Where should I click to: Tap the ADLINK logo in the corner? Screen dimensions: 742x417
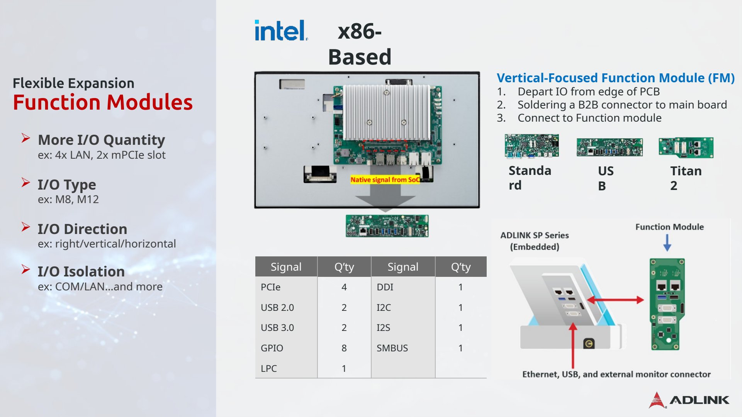coord(689,400)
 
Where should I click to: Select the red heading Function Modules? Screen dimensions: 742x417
coord(103,102)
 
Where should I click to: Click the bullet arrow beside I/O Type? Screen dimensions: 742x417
coord(26,182)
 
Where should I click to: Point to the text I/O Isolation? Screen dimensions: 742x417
coord(81,271)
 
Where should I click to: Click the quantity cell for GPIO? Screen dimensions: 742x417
coord(344,348)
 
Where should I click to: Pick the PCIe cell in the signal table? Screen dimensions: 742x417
coord(270,287)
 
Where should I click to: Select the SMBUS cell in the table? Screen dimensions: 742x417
coord(392,348)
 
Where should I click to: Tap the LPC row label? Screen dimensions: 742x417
coord(268,368)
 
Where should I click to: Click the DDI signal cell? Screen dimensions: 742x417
coord(385,287)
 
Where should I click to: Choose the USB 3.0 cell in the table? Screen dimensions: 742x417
coord(277,327)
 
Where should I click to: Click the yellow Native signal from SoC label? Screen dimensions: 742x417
coord(385,180)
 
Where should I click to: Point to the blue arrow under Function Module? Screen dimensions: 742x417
coord(667,243)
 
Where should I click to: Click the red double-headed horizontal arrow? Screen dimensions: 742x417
coord(615,300)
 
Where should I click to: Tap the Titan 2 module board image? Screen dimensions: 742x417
coord(686,147)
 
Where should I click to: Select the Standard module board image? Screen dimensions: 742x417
coord(531,146)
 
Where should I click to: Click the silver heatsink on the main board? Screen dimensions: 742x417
coord(387,112)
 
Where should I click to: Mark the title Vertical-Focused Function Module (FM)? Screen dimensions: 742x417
coord(616,78)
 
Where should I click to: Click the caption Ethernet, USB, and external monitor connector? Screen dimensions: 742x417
coord(616,374)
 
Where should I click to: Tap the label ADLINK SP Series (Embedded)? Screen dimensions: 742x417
coord(535,241)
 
